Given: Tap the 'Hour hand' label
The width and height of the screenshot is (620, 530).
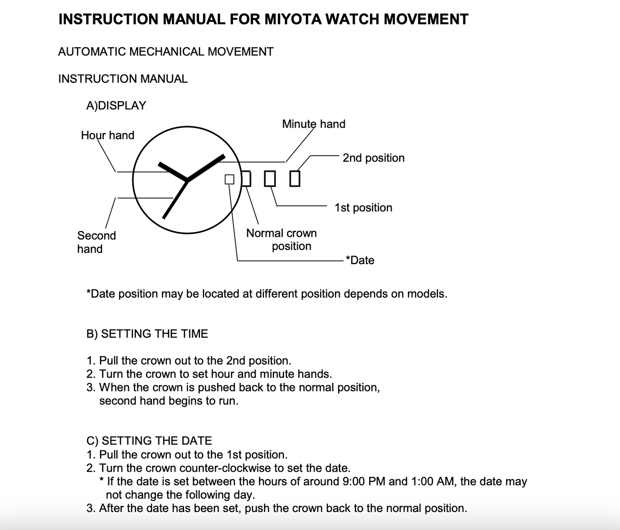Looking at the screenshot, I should [108, 136].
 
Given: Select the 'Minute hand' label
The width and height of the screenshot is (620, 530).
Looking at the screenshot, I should [314, 124].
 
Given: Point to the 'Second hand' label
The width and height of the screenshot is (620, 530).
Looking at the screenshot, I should [97, 242].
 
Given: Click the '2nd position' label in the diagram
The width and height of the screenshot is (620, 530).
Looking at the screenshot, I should [373, 158].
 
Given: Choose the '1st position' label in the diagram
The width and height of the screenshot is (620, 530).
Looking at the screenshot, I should [363, 208].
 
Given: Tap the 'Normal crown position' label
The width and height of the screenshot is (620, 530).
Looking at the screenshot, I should [281, 240].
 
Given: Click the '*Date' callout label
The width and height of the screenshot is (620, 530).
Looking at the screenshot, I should [360, 261].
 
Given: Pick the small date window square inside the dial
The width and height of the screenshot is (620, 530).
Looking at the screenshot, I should [230, 179].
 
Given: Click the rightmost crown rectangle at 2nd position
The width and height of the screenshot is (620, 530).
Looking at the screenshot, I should [295, 179].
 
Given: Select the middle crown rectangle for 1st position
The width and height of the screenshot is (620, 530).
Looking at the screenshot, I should [269, 179].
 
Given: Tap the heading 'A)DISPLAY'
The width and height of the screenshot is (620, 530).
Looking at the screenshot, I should [116, 106].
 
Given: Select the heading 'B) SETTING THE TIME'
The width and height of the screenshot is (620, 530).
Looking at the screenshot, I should [147, 334].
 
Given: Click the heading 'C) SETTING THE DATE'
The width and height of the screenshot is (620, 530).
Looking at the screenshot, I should [149, 441].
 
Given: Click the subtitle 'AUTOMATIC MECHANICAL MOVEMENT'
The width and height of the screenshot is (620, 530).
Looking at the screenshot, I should [166, 52].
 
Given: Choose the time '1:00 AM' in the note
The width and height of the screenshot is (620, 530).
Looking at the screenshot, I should [433, 482].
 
